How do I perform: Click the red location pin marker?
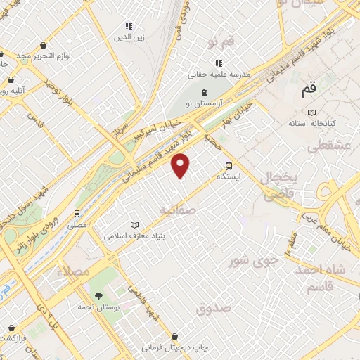(181, 165)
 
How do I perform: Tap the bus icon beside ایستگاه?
(229, 166)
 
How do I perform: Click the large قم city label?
(308, 91)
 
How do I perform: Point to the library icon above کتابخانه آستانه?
(311, 112)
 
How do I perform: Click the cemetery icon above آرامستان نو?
(204, 93)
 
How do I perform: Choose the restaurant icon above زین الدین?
(128, 26)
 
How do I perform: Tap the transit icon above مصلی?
(77, 214)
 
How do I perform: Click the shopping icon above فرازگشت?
(12, 327)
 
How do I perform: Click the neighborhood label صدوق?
(214, 308)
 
